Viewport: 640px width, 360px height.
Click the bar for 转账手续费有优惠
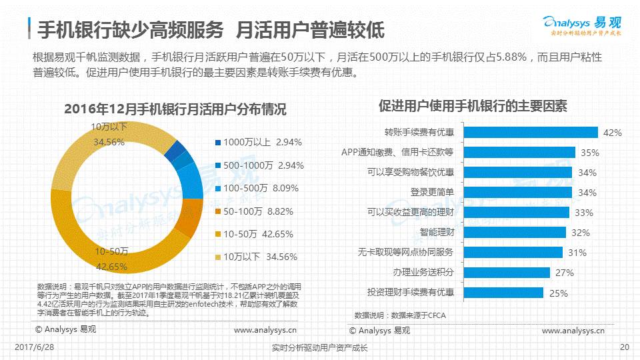[x=530, y=132]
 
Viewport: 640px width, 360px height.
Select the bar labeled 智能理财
[x=514, y=232]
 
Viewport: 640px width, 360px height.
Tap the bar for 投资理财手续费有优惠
[x=503, y=292]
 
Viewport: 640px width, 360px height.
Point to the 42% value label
[x=612, y=133]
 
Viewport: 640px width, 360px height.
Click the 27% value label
[x=564, y=273]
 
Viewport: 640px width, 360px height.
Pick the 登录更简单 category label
[x=431, y=192]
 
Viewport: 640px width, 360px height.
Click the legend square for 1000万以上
[x=218, y=142]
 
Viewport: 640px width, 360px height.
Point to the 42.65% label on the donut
[x=111, y=267]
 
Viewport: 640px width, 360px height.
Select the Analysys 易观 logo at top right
[x=582, y=24]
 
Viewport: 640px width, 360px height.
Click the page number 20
[x=624, y=347]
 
